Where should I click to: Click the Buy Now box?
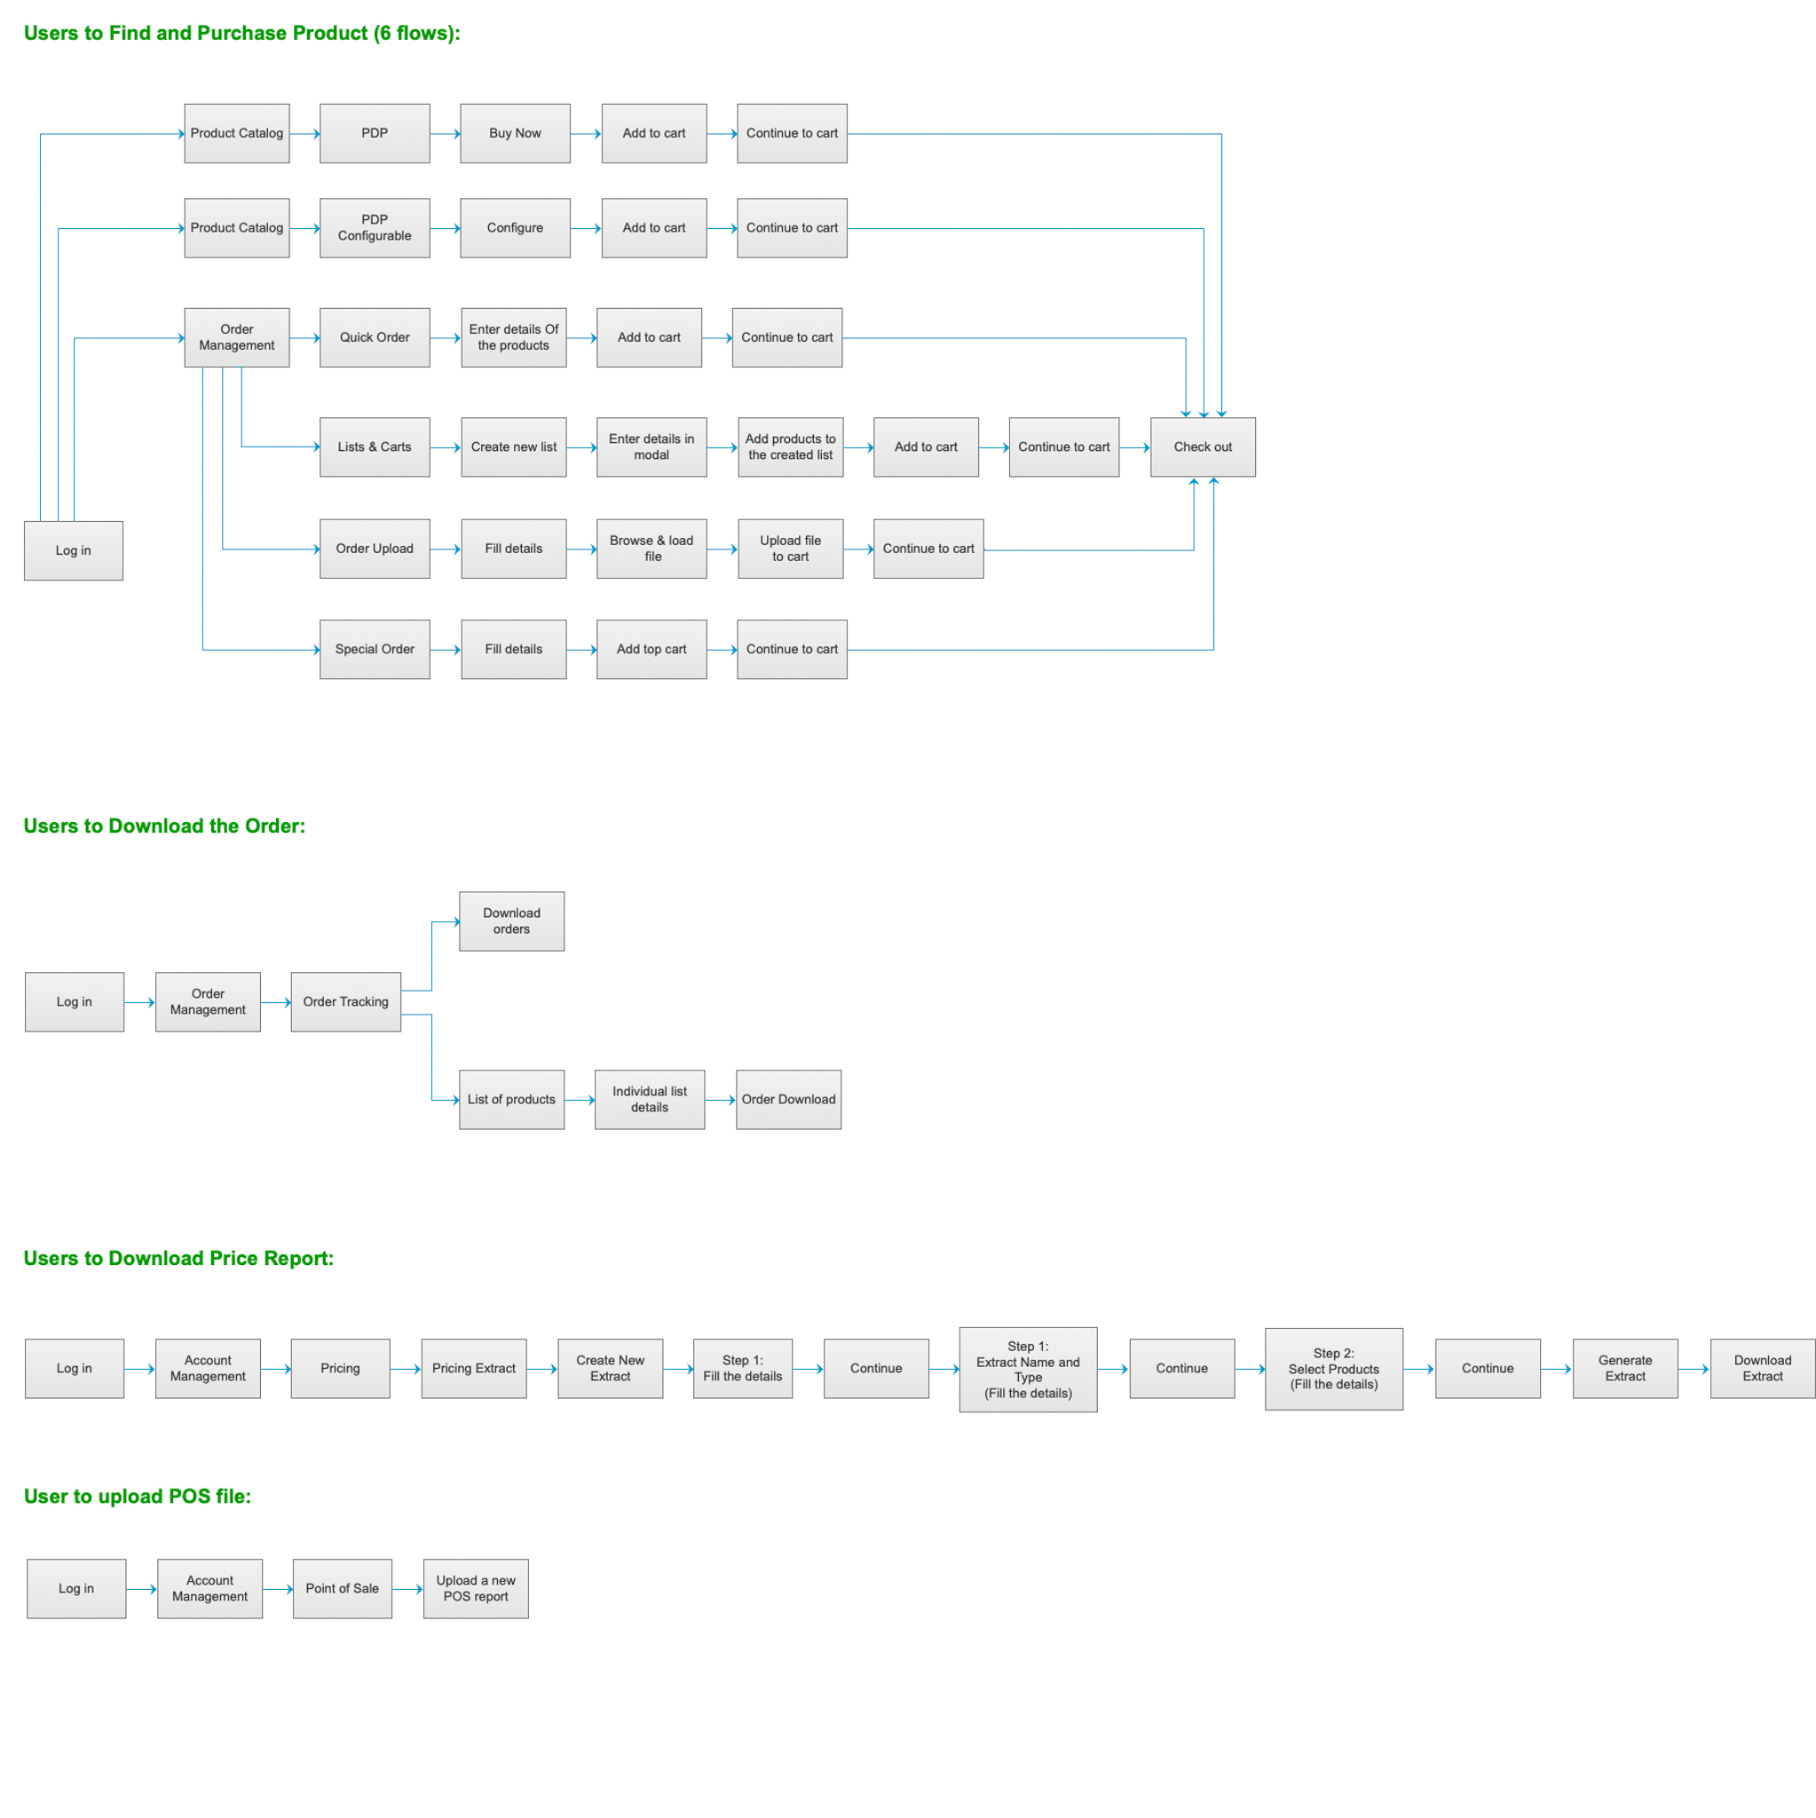[515, 134]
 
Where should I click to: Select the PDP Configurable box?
[375, 228]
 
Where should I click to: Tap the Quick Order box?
[375, 338]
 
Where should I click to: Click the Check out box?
[1203, 447]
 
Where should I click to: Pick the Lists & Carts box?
[375, 447]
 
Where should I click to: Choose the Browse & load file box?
[651, 549]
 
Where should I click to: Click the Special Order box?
[375, 649]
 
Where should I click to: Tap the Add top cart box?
[651, 649]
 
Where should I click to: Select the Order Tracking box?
[345, 1002]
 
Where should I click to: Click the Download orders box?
[511, 921]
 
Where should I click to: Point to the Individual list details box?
[649, 1099]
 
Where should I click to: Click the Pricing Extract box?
[473, 1368]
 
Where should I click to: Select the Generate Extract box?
[1624, 1368]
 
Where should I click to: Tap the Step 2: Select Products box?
[1333, 1369]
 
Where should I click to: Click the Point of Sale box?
[342, 1588]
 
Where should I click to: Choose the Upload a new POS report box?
[475, 1588]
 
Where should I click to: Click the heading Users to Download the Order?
[165, 826]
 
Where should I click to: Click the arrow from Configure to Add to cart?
[585, 229]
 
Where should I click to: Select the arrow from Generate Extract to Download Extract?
[1694, 1369]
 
